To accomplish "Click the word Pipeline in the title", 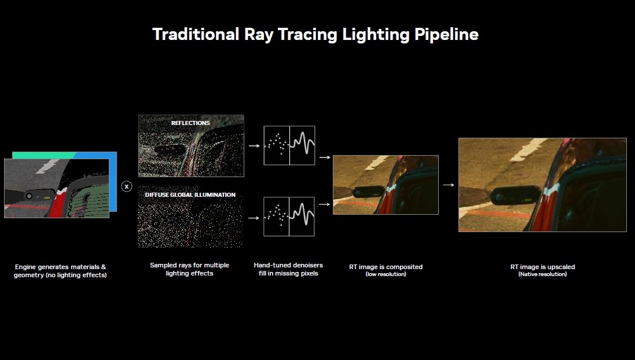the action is [x=446, y=35].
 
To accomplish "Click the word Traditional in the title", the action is [x=196, y=34].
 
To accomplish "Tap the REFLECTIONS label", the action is [x=190, y=123].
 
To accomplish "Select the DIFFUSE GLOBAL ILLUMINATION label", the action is [x=190, y=195].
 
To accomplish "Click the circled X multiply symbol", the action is [x=127, y=186].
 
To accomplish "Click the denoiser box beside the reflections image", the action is [x=289, y=145].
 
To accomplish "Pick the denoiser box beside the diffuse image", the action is [x=289, y=216].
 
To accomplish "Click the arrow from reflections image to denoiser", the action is [x=254, y=146].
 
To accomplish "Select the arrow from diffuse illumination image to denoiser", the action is [x=254, y=218].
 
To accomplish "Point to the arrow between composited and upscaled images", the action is [x=448, y=185].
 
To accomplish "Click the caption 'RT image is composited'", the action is [x=386, y=267].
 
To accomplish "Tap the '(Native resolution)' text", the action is [x=542, y=274].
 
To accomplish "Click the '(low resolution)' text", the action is [x=386, y=274].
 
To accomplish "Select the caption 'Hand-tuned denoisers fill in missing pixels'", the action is [x=288, y=269].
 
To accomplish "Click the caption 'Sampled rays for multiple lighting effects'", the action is [x=189, y=269].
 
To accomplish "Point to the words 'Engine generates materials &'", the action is [x=60, y=267].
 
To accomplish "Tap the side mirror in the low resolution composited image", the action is [x=369, y=192].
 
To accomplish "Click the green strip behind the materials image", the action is [x=44, y=156].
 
